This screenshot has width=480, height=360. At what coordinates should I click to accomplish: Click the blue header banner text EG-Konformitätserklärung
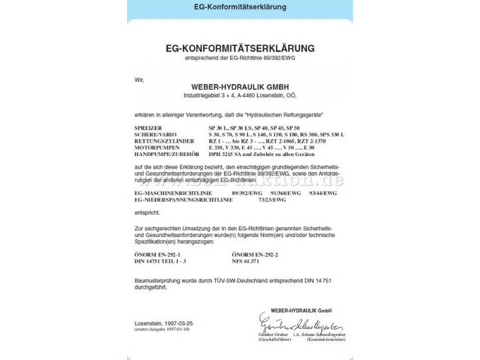(240, 7)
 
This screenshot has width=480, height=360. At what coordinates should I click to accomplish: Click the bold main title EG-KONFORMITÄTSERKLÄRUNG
(240, 49)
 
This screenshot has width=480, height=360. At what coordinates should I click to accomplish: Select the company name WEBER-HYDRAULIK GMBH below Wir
(239, 87)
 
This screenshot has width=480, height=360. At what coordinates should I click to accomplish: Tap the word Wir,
(138, 79)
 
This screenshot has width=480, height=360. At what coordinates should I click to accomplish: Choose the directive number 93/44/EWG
(320, 193)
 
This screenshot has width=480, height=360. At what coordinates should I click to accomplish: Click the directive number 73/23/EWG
(272, 200)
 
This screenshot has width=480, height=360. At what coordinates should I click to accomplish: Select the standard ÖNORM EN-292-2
(255, 253)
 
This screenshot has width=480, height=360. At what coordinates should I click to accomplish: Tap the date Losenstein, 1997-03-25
(162, 323)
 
